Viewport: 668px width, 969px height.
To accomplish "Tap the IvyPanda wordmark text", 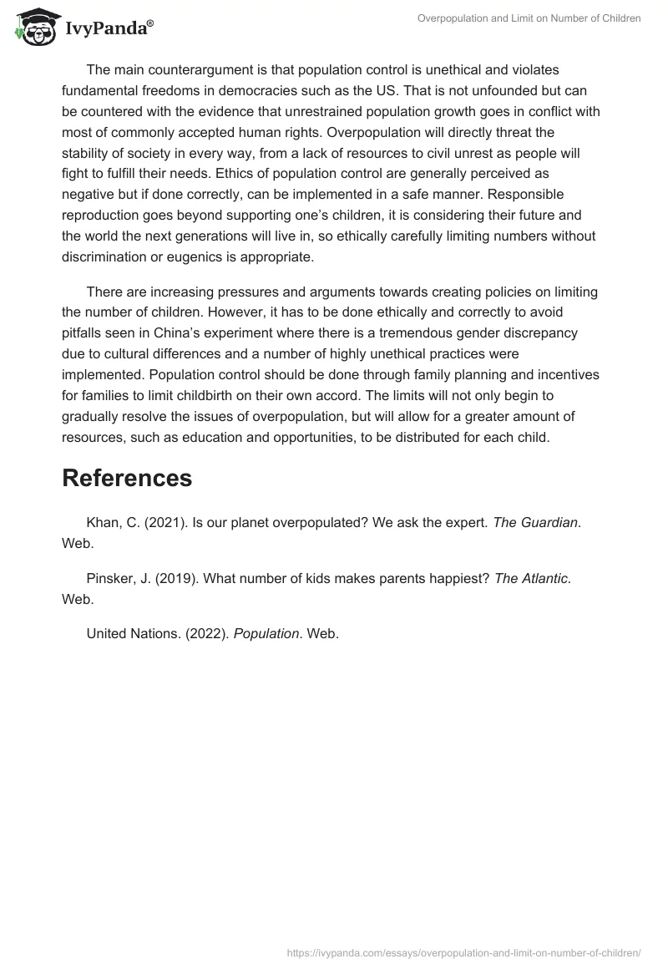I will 109,28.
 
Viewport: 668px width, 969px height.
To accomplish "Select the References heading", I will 127,478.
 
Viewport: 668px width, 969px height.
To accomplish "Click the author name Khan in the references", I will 104,522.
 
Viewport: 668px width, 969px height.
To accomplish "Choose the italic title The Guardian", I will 535,522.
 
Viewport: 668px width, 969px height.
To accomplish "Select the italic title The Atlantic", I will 531,579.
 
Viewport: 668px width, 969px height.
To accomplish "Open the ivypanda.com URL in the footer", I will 464,951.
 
